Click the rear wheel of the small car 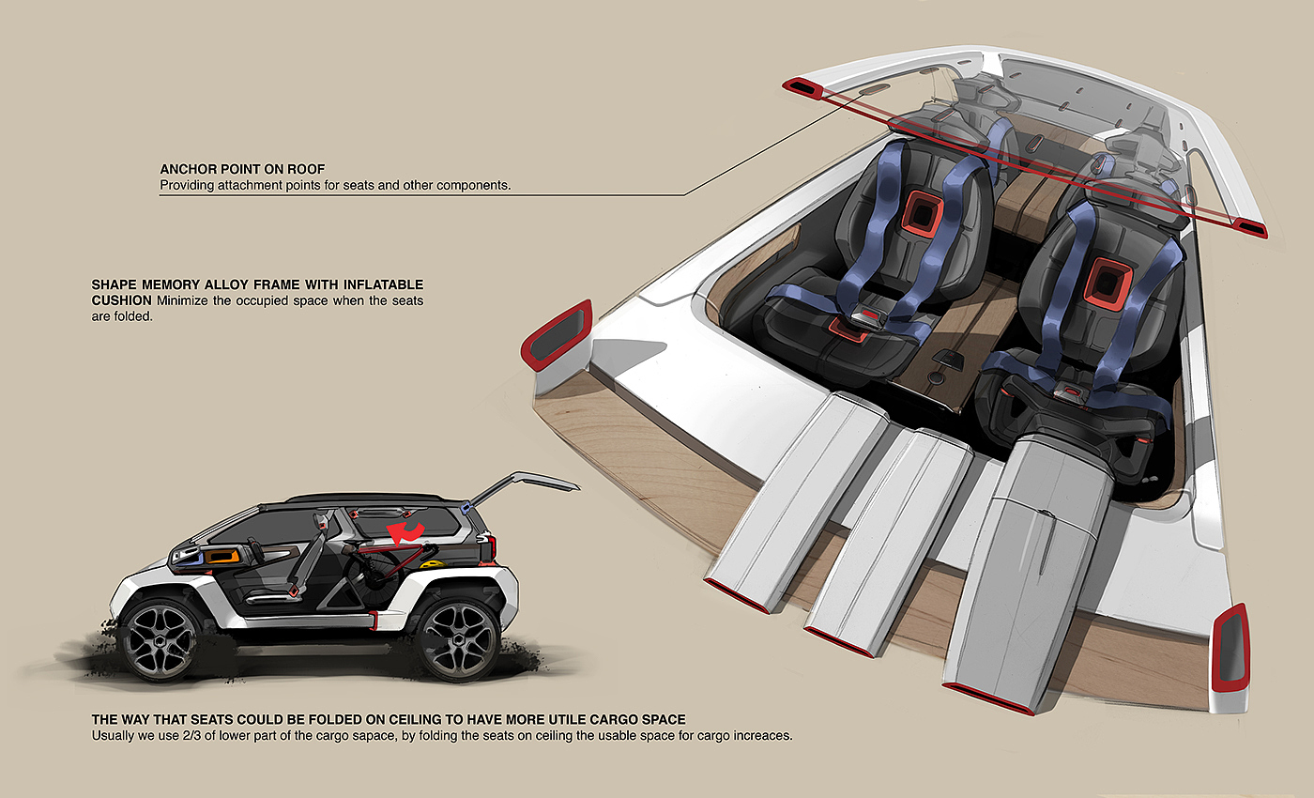[457, 638]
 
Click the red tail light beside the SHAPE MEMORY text [557, 333]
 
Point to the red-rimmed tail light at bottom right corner [1230, 648]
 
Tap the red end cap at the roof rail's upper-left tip [803, 88]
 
